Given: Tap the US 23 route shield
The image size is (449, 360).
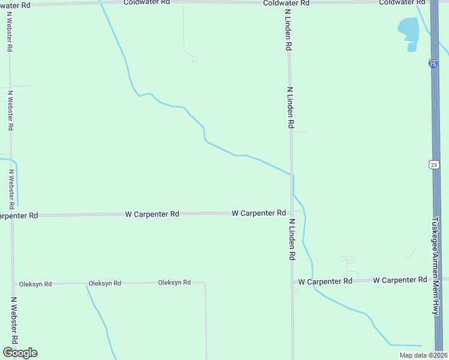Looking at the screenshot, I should click(x=433, y=164).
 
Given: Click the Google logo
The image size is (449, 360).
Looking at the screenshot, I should click(x=20, y=353).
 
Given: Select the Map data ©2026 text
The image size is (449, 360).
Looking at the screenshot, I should click(x=423, y=355).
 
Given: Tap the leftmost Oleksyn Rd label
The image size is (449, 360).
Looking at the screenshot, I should click(x=35, y=284).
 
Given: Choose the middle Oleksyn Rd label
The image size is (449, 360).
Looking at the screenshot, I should click(x=105, y=283).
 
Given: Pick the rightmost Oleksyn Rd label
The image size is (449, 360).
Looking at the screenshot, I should click(x=174, y=283).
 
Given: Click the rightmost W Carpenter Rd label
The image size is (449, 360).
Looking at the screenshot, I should click(x=400, y=280).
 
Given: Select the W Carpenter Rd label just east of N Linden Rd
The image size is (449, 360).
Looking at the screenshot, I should click(x=325, y=281).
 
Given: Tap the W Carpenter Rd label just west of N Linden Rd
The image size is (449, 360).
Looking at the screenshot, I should click(x=259, y=213).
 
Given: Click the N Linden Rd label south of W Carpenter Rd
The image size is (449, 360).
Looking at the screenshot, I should click(x=292, y=239).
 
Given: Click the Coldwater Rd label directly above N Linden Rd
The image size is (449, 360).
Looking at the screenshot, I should click(x=287, y=3).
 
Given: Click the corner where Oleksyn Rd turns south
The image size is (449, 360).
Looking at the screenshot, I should click(x=205, y=283).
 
